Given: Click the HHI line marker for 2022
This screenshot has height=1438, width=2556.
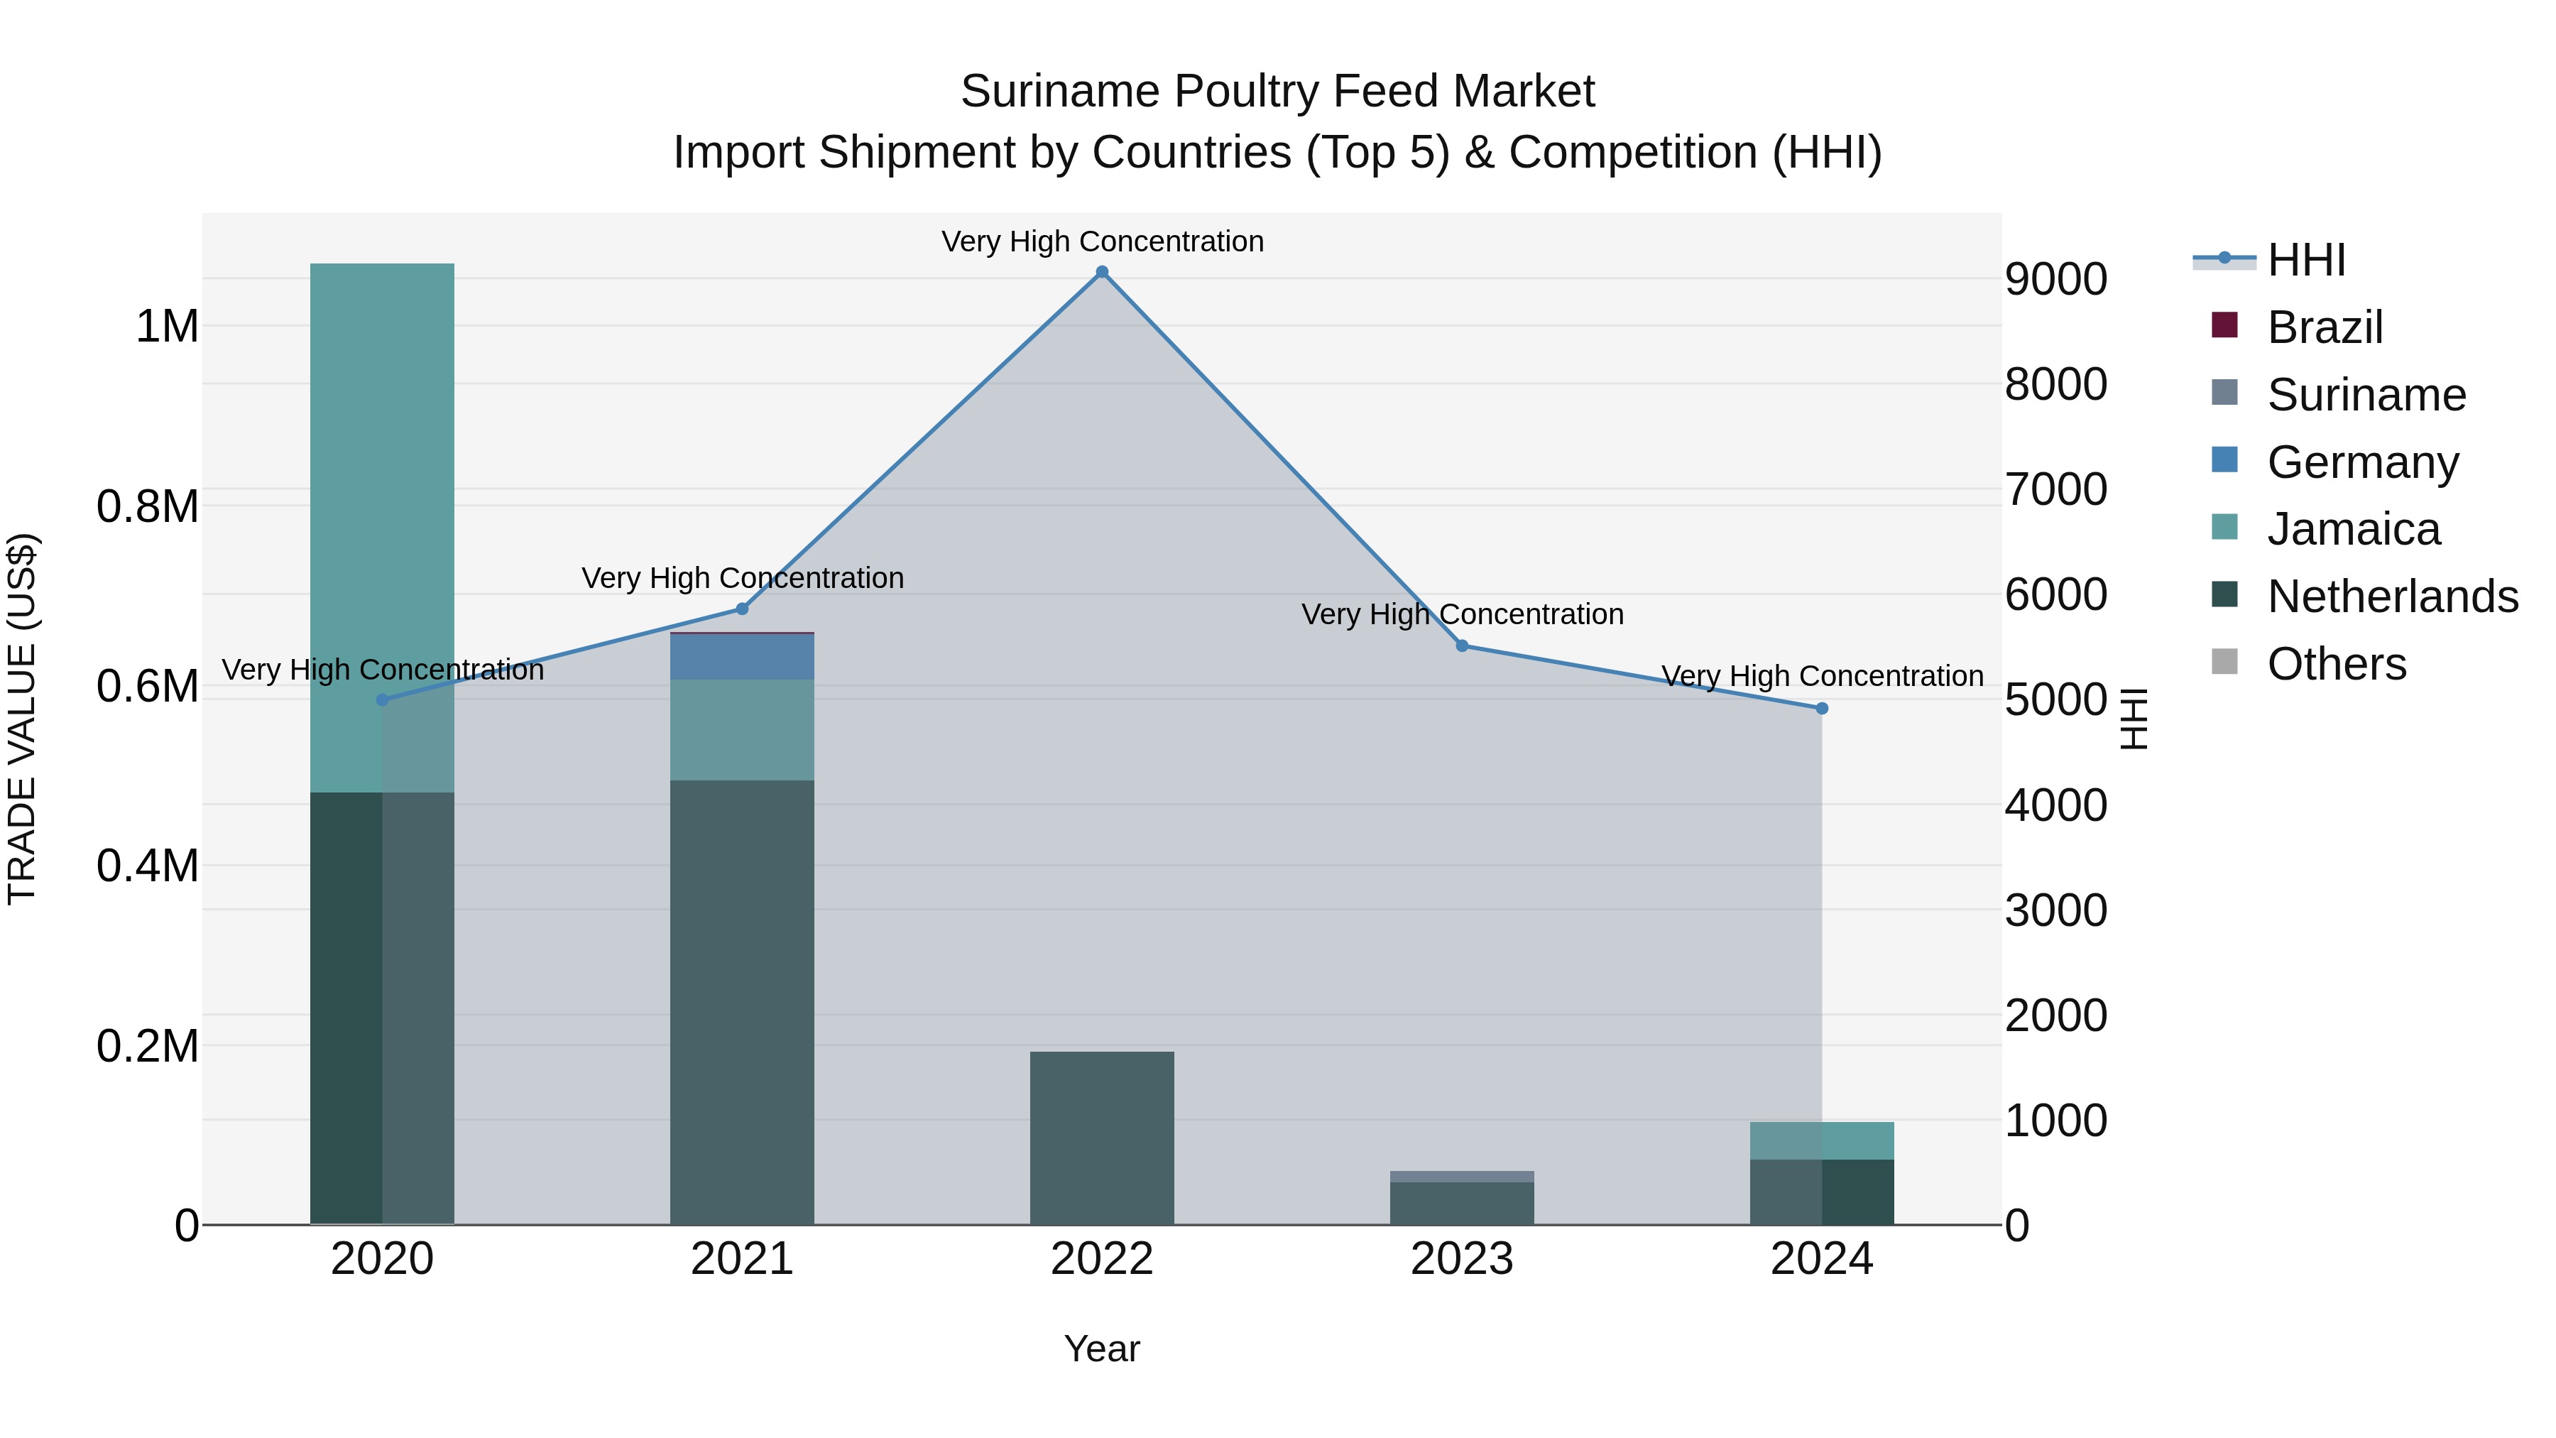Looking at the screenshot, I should [1101, 272].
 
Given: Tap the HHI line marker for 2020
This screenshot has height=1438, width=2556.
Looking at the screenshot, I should [382, 699].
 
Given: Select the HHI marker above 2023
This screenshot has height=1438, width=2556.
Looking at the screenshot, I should [1462, 646].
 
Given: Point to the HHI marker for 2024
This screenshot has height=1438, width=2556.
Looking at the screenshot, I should [1822, 709].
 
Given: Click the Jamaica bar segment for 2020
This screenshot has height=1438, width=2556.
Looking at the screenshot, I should [382, 526].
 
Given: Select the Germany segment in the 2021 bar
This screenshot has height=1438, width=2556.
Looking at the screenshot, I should [742, 656].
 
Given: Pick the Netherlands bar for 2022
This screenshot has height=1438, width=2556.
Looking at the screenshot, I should [1101, 1138].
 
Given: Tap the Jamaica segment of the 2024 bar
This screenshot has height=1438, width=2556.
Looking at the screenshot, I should [1822, 1140].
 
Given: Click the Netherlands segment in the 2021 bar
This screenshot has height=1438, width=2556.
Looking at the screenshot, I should [742, 1002].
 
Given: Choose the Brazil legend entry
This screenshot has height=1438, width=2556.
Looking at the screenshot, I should [2324, 327].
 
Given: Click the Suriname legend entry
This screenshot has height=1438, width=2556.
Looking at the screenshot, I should [2366, 395].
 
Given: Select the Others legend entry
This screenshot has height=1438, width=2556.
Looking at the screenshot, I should [2336, 664].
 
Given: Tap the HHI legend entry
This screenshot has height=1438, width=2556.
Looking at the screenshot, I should [2306, 260].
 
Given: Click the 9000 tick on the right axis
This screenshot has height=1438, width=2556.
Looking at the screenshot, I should [2055, 279].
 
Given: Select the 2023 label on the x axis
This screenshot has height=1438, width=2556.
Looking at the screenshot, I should [1462, 1259].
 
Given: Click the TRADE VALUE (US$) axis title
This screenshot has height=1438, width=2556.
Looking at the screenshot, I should [22, 719].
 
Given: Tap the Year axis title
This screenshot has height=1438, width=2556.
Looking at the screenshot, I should [1101, 1349].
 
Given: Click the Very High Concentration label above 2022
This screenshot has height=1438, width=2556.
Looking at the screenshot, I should [1101, 241].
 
